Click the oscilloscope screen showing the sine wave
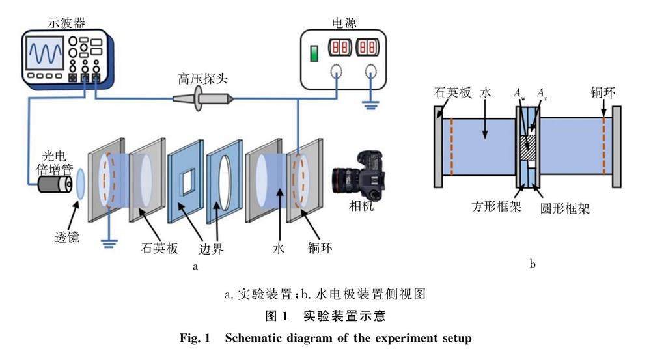[x=45, y=53]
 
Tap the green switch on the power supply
[x=314, y=53]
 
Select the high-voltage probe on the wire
[x=203, y=99]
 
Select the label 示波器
[x=66, y=22]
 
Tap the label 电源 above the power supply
[x=343, y=22]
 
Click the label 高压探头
[x=202, y=79]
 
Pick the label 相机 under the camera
[x=361, y=206]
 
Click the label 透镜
[x=66, y=237]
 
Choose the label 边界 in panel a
[x=211, y=248]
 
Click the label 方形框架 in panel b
[x=496, y=206]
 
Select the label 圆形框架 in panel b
[x=565, y=208]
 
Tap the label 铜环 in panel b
[x=603, y=92]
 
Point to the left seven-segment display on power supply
[x=340, y=48]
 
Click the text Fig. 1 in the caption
[x=195, y=338]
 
